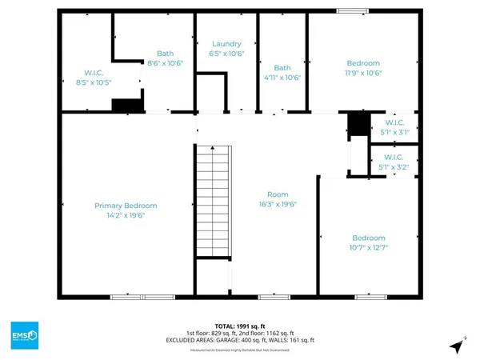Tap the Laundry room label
tap(226, 44)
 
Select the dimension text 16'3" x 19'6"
tap(278, 204)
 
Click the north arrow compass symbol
tap(456, 346)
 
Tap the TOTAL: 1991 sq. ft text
tap(240, 326)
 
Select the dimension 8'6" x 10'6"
tap(166, 63)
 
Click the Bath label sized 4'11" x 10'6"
tap(282, 68)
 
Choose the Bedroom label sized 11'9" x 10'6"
tap(363, 63)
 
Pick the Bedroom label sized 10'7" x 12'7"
tap(369, 238)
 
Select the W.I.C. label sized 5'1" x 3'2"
tap(394, 158)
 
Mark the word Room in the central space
tap(278, 194)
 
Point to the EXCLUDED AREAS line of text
tap(240, 340)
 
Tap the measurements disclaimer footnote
tap(240, 350)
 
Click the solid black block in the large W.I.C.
tap(126, 105)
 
